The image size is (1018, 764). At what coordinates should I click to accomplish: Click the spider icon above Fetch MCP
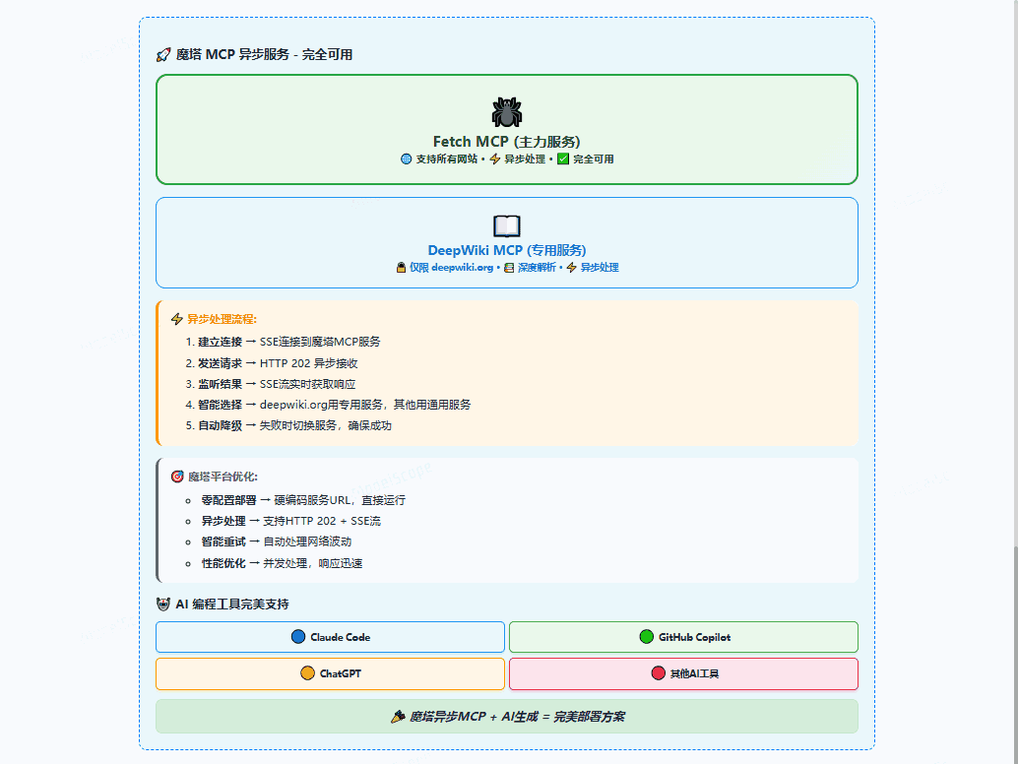(506, 112)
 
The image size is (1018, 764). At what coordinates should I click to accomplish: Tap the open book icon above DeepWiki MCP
(506, 225)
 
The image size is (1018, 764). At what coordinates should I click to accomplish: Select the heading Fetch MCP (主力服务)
(506, 142)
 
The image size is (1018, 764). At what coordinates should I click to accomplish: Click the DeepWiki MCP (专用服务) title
(506, 250)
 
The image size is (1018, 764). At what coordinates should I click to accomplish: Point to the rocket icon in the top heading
(163, 54)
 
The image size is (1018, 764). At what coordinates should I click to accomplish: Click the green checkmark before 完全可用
(563, 159)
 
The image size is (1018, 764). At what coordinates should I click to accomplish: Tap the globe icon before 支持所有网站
(407, 159)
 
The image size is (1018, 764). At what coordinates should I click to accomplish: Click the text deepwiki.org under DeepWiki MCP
(463, 268)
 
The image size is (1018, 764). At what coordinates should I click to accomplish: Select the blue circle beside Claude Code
(298, 637)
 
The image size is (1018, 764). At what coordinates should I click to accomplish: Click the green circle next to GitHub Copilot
(647, 637)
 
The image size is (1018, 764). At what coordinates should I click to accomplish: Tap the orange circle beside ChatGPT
(308, 673)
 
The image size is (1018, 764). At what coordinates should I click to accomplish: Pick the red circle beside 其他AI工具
(659, 673)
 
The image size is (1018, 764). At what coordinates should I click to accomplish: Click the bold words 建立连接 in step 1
(221, 342)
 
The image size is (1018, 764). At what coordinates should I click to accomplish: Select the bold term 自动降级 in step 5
(221, 426)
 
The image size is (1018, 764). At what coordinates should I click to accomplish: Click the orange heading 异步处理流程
(223, 319)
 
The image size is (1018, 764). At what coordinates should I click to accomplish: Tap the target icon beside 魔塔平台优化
(177, 477)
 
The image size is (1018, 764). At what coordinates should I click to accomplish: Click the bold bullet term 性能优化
(223, 563)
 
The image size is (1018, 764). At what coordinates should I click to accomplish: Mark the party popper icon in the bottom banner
(398, 717)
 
